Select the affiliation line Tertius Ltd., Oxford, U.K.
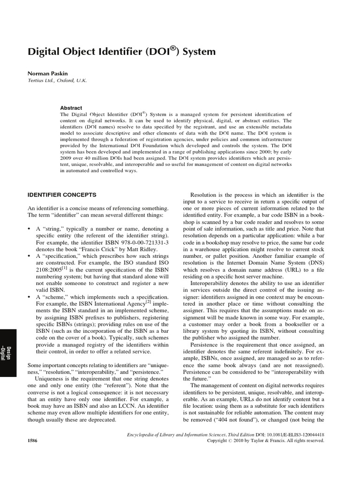(x=58, y=80)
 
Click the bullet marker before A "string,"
(x=30, y=228)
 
